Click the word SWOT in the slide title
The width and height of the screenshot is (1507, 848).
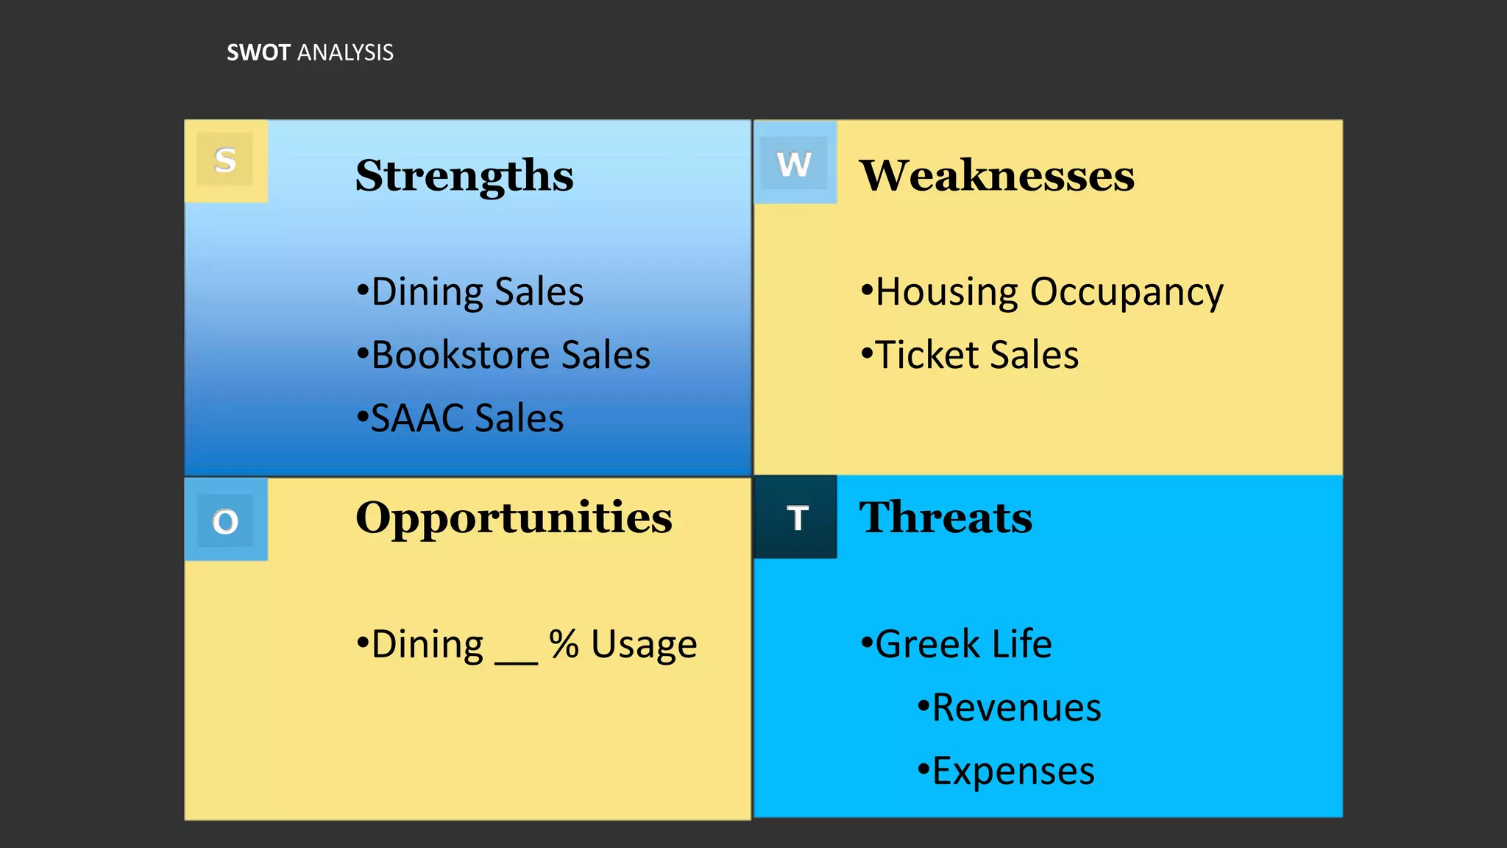click(x=258, y=53)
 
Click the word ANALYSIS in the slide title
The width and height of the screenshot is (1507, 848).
click(x=345, y=53)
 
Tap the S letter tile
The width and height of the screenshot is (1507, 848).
click(x=225, y=160)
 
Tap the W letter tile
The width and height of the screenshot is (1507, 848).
click(x=795, y=163)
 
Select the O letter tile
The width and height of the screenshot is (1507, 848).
click(x=225, y=521)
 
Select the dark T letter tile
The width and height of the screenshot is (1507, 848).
click(x=797, y=518)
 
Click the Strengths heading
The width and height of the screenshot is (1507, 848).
click(x=464, y=176)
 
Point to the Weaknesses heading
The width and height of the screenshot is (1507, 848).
click(x=997, y=176)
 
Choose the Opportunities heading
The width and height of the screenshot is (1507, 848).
click(x=514, y=517)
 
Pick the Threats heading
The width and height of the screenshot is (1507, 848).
click(x=946, y=517)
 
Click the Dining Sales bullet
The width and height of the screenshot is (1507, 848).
click(x=471, y=291)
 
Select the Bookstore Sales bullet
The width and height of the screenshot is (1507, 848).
click(x=504, y=355)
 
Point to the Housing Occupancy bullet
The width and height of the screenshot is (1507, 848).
click(x=1043, y=292)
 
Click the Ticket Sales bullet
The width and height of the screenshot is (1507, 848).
click(x=971, y=355)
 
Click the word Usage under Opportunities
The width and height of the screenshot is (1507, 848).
click(x=644, y=646)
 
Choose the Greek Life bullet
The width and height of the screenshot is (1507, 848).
click(x=957, y=644)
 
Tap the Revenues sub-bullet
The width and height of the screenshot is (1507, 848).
click(x=1010, y=707)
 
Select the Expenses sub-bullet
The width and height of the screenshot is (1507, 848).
click(x=1007, y=771)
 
